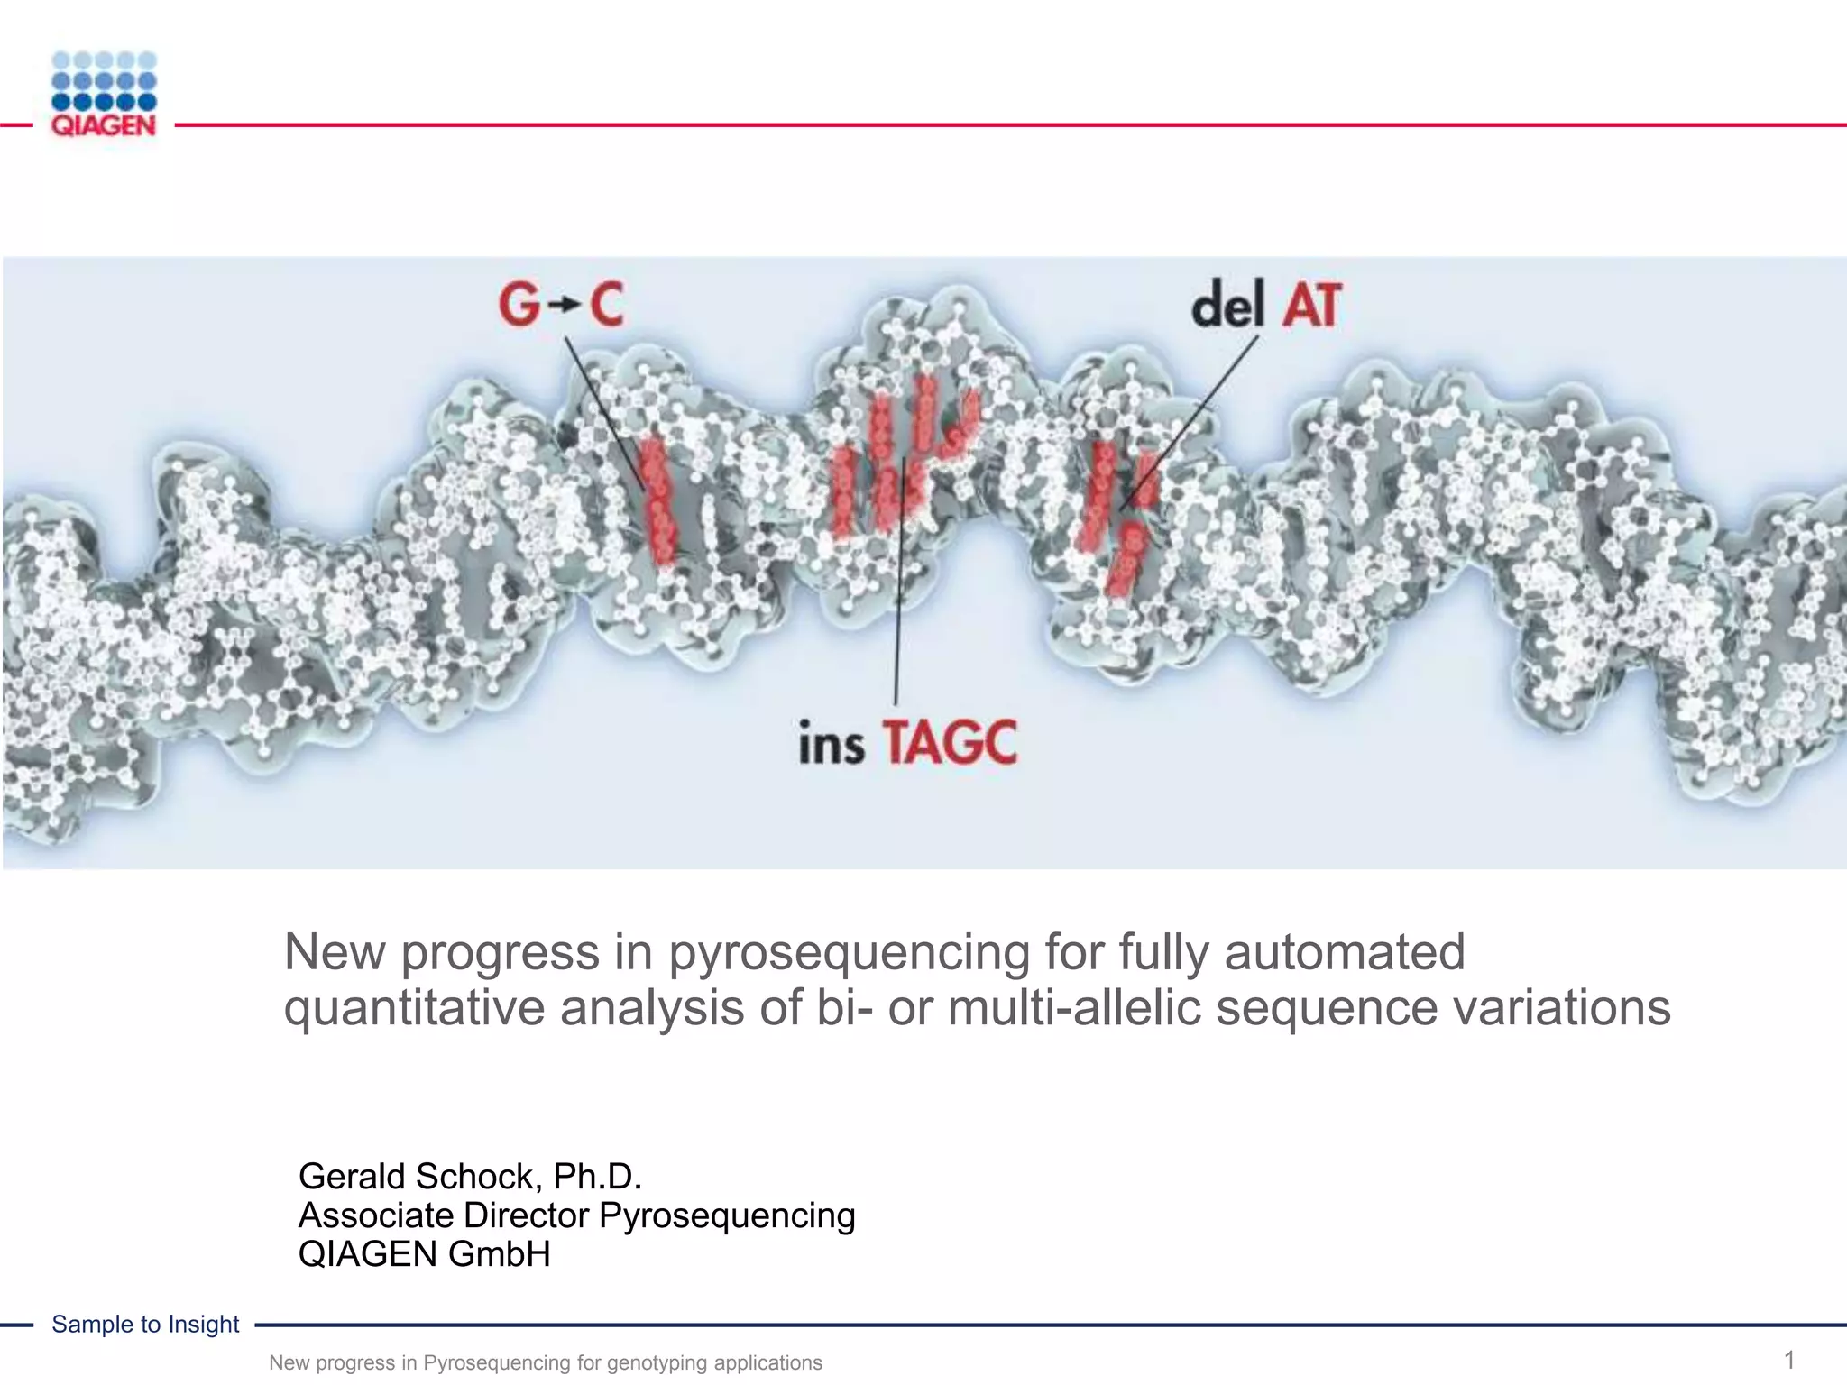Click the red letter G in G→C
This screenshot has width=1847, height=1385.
pos(519,304)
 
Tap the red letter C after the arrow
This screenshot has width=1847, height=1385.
pos(605,304)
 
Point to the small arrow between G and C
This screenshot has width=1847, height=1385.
pos(563,306)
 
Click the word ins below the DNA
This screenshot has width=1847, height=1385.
pos(831,744)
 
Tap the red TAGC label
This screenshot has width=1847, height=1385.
pos(949,743)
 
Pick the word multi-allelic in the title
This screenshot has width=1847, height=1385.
pos(1074,1007)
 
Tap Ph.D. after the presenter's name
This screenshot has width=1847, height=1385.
pos(597,1177)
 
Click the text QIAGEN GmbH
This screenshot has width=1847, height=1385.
pos(424,1254)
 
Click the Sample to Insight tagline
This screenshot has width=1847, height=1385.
pos(145,1324)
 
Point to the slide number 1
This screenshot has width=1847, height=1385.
pos(1789,1360)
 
